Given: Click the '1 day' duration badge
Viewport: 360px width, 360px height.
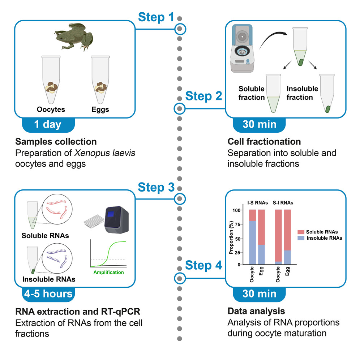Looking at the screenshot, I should point(48,125).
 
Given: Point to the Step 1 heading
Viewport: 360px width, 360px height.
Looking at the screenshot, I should point(157,17).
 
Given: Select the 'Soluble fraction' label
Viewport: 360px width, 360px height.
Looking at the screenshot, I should point(252,93).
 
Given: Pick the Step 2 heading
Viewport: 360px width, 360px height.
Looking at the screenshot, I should point(203,97).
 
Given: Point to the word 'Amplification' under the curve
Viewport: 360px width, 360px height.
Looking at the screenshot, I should point(108,272).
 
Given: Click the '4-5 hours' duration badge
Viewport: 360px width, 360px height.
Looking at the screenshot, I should point(48,293).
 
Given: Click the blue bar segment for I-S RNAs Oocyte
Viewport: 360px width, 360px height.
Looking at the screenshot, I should point(252,243).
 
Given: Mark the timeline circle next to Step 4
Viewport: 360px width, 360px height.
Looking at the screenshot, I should point(180,278).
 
